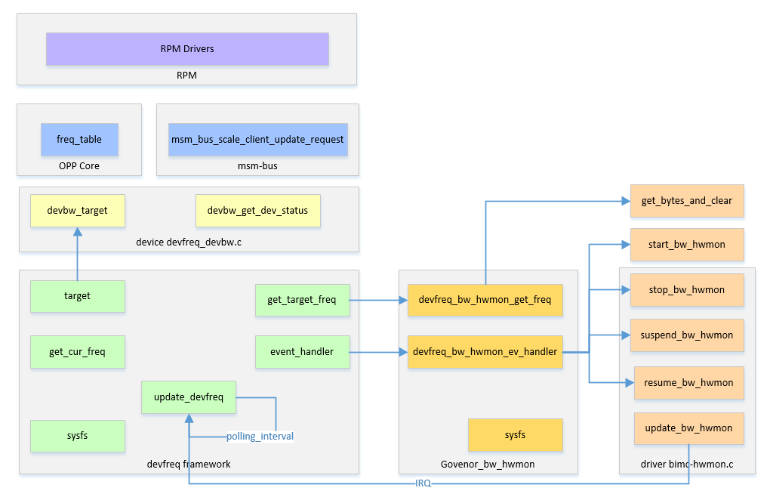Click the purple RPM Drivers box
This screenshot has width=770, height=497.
point(187,49)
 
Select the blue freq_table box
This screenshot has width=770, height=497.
point(79,140)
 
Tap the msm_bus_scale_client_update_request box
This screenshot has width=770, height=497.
point(257,140)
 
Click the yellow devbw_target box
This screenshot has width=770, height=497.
point(78,211)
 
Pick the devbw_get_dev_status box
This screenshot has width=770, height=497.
point(257,211)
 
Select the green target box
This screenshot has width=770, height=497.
point(78,296)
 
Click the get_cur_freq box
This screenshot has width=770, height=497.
point(78,352)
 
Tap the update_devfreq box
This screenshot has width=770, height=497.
point(189,397)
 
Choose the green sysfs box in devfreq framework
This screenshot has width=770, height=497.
point(78,437)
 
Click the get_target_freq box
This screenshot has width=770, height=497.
point(302,300)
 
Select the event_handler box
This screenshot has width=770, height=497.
point(302,351)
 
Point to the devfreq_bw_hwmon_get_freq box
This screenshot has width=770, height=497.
point(485,300)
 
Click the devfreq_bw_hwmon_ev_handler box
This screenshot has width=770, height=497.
point(485,351)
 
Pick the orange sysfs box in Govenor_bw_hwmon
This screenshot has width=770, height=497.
point(515,435)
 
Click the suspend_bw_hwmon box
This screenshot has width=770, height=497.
point(687,335)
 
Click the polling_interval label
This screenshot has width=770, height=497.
point(260,437)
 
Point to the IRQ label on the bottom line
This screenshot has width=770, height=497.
point(423,483)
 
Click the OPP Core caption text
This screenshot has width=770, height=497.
point(79,166)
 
